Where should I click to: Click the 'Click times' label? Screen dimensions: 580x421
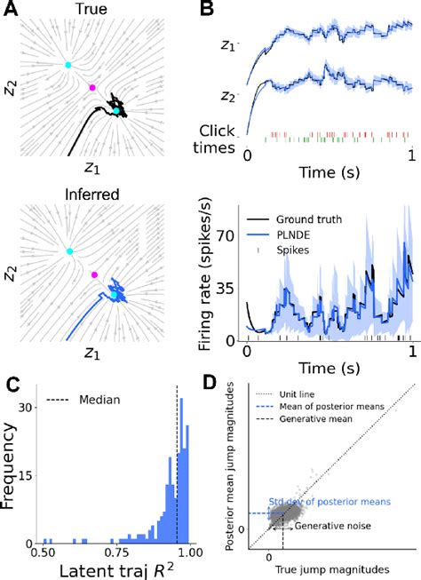pyautogui.click(x=219, y=139)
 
